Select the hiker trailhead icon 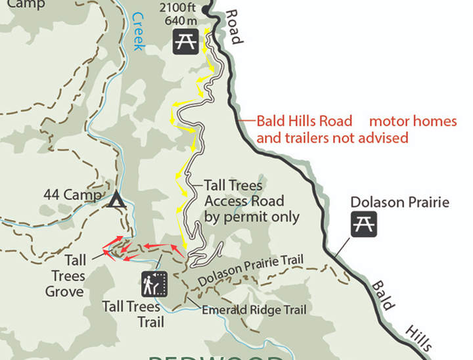pos(154,283)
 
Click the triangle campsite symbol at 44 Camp pos(117,199)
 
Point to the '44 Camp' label pos(72,195)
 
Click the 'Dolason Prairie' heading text pos(399,202)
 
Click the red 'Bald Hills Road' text pos(304,122)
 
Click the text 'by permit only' pos(252,216)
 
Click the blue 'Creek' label pos(139,31)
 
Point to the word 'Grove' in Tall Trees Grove pos(65,291)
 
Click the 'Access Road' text pos(244,201)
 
